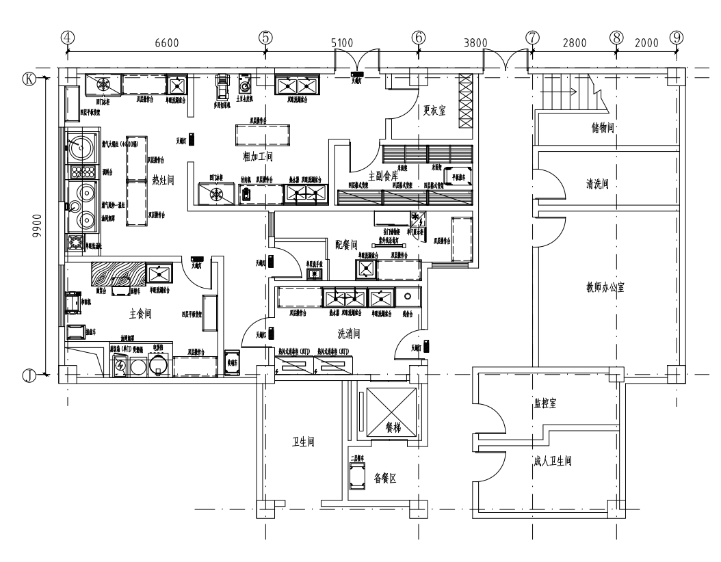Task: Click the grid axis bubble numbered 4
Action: click(67, 37)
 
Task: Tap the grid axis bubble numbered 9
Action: click(677, 37)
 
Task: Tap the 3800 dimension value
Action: click(475, 42)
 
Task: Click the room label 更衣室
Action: click(434, 109)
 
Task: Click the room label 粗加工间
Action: click(258, 157)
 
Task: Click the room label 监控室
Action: click(545, 403)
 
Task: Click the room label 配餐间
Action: click(346, 243)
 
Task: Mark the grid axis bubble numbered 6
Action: click(419, 37)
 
